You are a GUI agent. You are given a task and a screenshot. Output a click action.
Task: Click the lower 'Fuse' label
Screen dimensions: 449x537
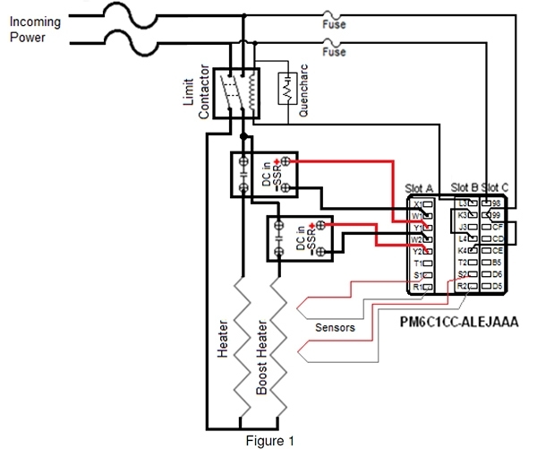tap(334, 52)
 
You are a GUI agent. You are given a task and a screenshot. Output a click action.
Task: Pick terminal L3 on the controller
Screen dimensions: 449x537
tap(464, 204)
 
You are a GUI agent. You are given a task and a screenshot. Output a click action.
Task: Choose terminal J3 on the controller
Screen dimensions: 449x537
tap(464, 227)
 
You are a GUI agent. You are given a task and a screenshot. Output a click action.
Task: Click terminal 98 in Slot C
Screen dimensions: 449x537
tap(497, 204)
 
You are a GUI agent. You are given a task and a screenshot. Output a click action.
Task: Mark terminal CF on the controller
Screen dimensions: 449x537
tap(497, 227)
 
